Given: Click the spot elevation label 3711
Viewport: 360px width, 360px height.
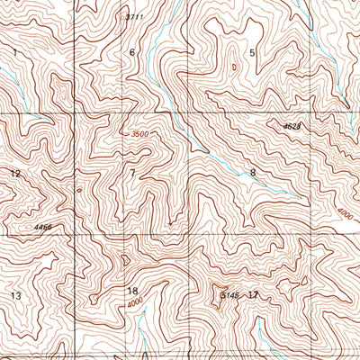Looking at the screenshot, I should coord(134,17).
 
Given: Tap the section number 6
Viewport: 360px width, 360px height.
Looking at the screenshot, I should coord(131,53).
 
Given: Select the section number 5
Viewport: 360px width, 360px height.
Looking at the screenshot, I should coord(252,53).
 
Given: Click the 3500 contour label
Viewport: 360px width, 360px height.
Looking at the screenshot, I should coord(139,134).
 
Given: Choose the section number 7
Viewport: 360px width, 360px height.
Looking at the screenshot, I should coord(132,172).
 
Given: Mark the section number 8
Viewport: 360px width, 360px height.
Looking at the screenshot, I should coord(253,172).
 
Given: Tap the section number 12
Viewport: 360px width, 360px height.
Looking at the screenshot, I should coord(14,173).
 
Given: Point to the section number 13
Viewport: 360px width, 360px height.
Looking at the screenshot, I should coord(15,295).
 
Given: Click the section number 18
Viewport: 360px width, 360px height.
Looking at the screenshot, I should coord(133,291).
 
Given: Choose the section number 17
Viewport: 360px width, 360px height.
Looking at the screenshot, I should coord(253,294).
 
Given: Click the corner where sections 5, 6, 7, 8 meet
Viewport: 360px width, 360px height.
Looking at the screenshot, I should coord(188,114).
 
